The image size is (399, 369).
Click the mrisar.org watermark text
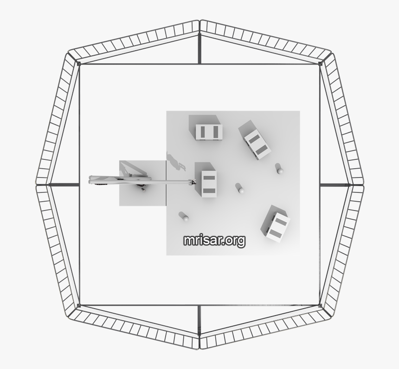point(214,240)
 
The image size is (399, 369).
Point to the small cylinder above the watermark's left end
point(184,216)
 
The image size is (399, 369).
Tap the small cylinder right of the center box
point(239,188)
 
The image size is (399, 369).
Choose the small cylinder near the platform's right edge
point(279,168)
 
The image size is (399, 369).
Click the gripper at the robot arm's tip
point(192,182)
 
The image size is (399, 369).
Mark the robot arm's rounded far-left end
point(92,179)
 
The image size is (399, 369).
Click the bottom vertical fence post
point(199,321)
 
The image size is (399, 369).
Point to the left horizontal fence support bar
point(63,184)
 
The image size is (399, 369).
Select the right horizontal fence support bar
point(335,184)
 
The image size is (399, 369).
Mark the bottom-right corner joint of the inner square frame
point(321,305)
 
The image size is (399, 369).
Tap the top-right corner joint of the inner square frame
point(321,64)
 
